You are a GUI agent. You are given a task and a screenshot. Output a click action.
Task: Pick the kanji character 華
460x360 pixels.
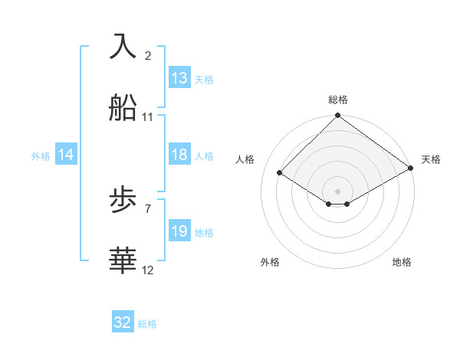click(x=123, y=261)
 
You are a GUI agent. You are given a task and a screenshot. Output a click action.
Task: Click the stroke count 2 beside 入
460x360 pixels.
click(x=148, y=55)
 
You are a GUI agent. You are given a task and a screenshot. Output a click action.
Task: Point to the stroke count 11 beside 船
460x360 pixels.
click(x=148, y=117)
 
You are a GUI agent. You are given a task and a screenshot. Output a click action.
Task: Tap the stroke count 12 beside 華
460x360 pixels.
click(x=148, y=270)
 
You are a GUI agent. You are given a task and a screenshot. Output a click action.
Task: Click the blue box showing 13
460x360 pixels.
click(x=179, y=78)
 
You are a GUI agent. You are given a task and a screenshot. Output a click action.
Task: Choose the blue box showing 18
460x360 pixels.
click(x=179, y=155)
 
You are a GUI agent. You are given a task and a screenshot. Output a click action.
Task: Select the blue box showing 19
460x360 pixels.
click(x=179, y=231)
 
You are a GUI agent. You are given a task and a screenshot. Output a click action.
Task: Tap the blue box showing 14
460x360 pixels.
click(x=66, y=155)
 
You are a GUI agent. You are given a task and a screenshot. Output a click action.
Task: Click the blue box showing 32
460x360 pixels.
click(x=123, y=323)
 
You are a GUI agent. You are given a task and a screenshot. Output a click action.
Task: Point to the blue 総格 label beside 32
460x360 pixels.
click(x=147, y=324)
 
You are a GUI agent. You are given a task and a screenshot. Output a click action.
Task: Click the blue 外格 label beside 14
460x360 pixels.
click(x=41, y=155)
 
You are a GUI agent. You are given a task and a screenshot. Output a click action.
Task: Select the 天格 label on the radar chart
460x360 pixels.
click(x=431, y=159)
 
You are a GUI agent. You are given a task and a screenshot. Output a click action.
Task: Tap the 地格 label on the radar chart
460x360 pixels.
click(x=402, y=262)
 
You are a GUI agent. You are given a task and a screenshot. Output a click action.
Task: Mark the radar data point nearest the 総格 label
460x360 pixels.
click(x=337, y=116)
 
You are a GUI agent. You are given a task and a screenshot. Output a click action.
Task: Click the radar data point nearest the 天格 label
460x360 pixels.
click(x=412, y=169)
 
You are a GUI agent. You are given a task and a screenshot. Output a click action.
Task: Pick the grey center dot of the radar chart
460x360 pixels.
click(x=337, y=191)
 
